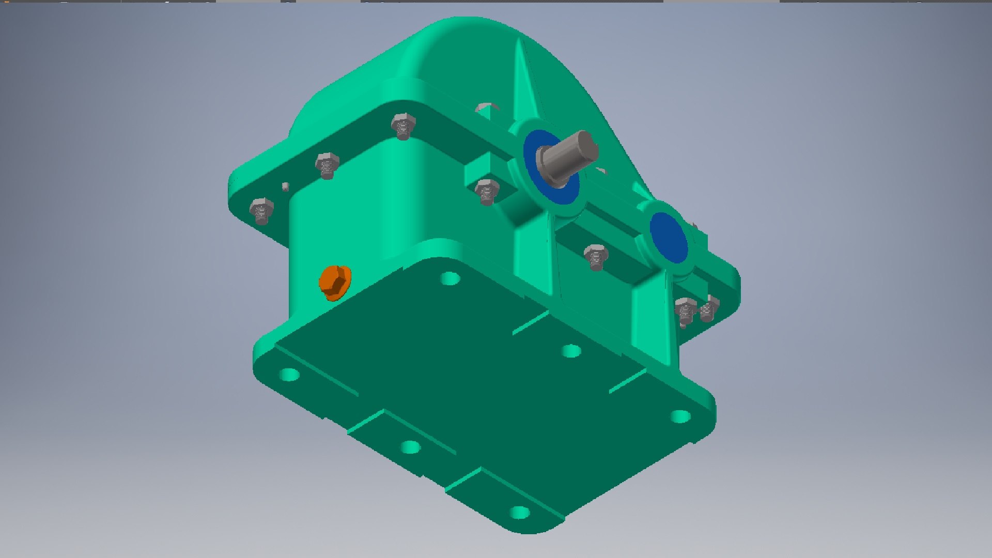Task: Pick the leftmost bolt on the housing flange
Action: (x=261, y=210)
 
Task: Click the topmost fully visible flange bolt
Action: (x=402, y=126)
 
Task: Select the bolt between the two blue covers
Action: (x=596, y=256)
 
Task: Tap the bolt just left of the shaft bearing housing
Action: (x=486, y=191)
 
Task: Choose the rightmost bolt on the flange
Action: (x=709, y=308)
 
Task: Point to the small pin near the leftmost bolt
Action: (x=285, y=186)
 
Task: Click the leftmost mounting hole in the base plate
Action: (x=289, y=374)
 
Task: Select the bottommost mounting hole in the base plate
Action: (x=519, y=513)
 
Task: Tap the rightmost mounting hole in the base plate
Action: (x=680, y=416)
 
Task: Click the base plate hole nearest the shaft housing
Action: (x=450, y=279)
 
